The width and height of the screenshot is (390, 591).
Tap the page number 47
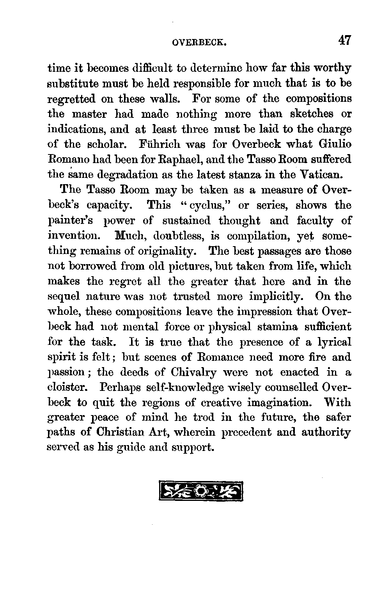pyautogui.click(x=345, y=40)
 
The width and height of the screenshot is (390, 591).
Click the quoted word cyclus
pyautogui.click(x=206, y=205)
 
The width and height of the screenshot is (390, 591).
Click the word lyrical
pyautogui.click(x=335, y=342)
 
